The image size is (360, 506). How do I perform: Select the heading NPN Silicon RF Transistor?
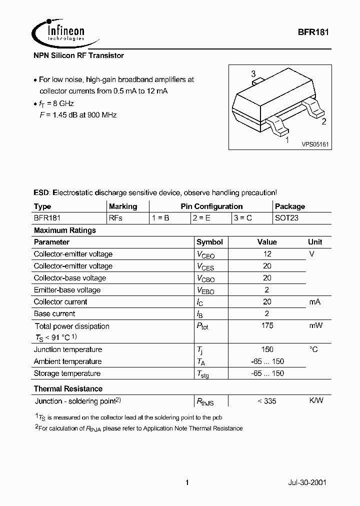point(78,56)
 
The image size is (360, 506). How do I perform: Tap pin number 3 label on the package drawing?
point(253,73)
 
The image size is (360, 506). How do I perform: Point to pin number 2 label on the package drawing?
point(323,121)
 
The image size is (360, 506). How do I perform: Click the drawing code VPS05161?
point(314,144)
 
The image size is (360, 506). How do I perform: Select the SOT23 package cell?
point(286,218)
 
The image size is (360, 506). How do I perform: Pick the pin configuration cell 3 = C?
point(242,218)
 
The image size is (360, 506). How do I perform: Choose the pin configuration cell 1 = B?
point(161,218)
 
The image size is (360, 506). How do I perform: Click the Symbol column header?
point(209,242)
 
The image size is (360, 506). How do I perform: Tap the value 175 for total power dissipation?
point(267,325)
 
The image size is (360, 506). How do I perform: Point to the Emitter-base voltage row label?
point(67,290)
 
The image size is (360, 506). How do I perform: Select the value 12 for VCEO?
point(267,254)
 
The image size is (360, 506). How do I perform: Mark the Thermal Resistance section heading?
point(68,388)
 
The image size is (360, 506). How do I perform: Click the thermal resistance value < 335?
point(266,401)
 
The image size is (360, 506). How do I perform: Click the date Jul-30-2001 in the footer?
point(307,483)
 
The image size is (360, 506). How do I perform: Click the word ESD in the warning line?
point(41,192)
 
